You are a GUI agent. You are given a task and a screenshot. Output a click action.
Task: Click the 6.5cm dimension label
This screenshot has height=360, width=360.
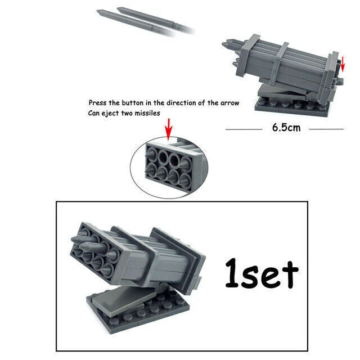286,128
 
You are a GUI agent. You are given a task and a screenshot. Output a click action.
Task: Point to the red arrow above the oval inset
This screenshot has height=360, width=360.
168,133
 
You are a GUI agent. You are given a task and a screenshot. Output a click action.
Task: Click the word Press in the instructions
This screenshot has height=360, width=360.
99,103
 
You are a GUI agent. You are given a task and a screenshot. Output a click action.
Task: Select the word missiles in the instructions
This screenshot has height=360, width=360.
146,113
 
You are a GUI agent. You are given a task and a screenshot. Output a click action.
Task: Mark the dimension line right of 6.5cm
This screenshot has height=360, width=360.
326,129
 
